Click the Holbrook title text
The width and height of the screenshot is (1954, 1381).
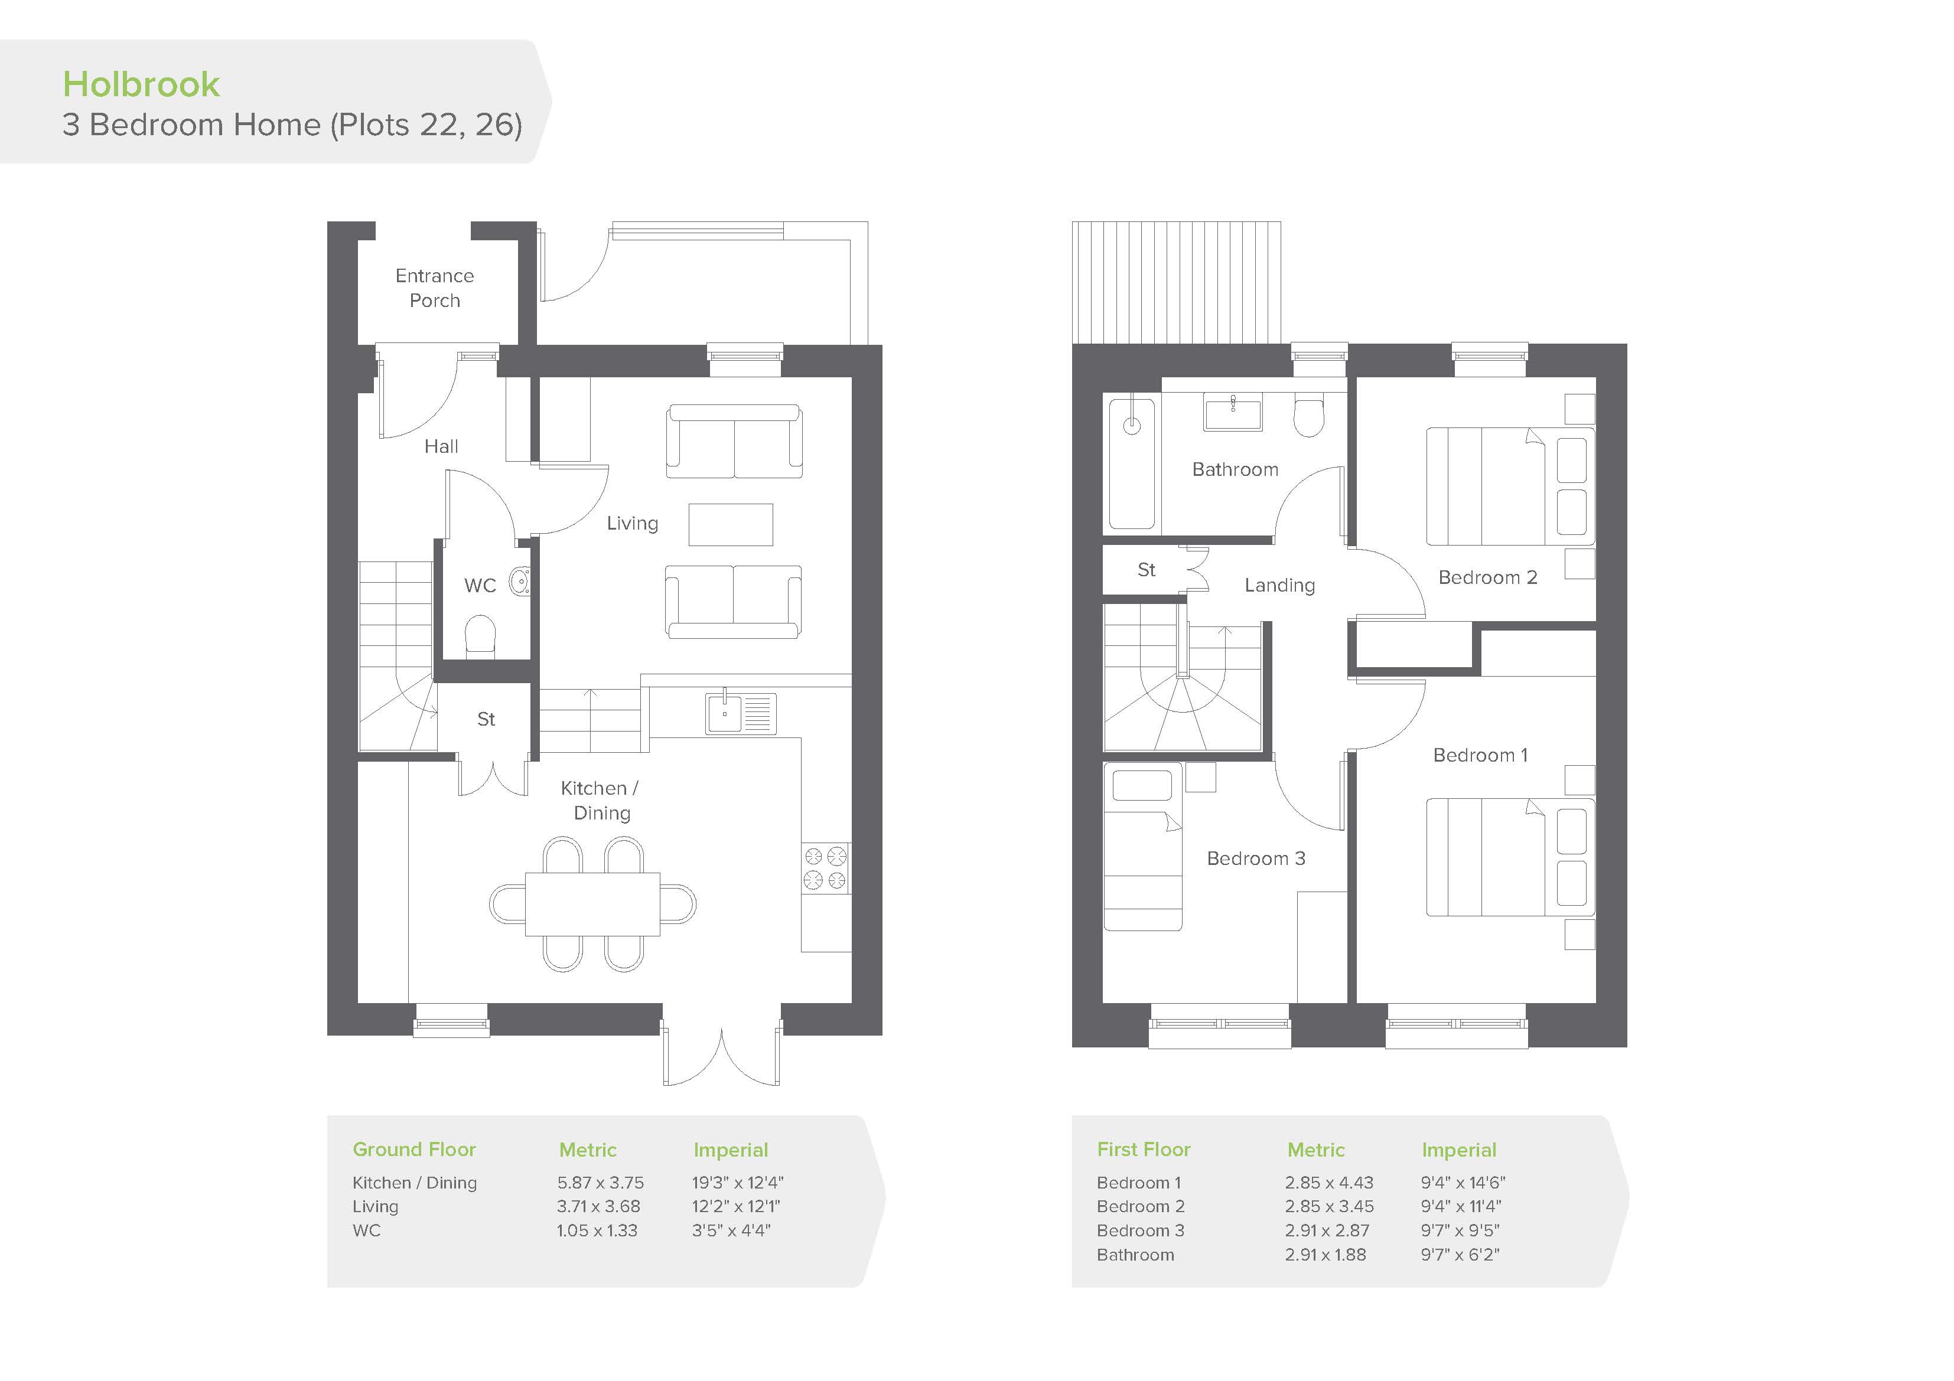(x=141, y=84)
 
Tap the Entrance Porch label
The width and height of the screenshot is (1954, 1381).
(x=435, y=288)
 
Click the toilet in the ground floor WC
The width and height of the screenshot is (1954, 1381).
(x=481, y=635)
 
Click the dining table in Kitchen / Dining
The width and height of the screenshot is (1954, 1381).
(x=592, y=904)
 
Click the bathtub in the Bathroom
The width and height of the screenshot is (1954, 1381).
(x=1132, y=465)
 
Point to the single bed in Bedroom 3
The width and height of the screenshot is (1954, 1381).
(x=1143, y=847)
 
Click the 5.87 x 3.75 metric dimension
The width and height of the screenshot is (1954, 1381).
(x=601, y=1183)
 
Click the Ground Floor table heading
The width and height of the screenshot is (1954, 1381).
(x=415, y=1150)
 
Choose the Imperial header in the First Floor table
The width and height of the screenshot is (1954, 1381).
(x=1458, y=1150)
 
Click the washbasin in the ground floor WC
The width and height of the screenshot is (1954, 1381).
(x=519, y=582)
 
